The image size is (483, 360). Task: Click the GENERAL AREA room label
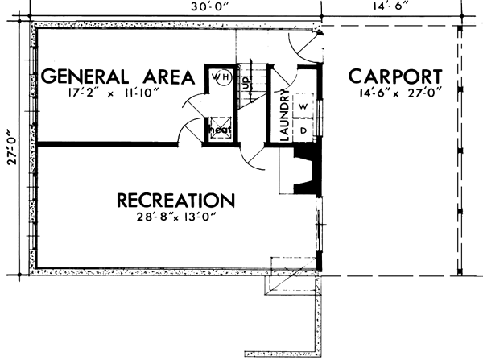point(117,77)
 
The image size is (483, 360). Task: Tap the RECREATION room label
point(175,200)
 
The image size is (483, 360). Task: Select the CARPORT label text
point(395,77)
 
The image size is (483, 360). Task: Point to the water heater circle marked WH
point(219,78)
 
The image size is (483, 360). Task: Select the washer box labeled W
point(304,106)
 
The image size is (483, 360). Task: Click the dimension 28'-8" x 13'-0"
point(175,217)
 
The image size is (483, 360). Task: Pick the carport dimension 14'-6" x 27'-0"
point(395,95)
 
